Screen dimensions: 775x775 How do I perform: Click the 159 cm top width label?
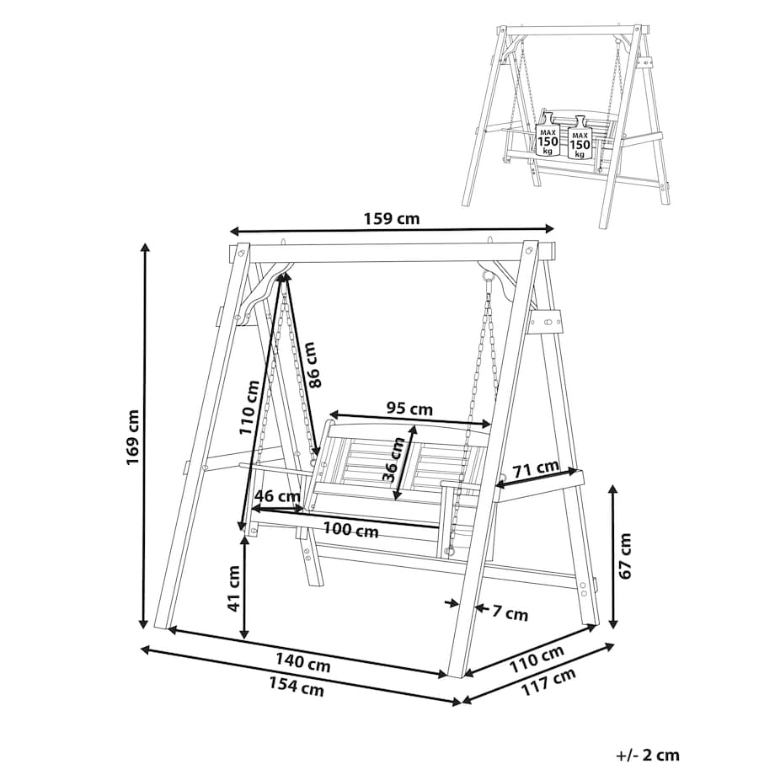392,218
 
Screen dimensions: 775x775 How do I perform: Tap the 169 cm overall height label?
132,436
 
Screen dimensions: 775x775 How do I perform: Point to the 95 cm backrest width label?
409,409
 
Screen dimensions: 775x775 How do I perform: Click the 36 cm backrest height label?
394,460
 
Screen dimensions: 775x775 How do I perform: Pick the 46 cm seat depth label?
277,494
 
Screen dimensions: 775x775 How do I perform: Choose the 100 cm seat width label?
351,531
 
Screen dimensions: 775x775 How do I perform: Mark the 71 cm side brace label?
535,468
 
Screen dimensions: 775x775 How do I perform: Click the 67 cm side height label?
625,556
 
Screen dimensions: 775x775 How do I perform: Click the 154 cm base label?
297,687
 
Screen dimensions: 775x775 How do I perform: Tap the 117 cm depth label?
549,682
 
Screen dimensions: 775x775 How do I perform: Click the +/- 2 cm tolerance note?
648,755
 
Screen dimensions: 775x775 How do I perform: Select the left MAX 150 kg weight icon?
548,135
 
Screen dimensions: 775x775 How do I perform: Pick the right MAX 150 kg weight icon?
580,137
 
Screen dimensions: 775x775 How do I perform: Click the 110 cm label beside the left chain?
249,408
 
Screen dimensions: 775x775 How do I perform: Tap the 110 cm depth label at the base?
537,659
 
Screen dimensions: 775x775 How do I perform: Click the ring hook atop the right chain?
489,278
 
